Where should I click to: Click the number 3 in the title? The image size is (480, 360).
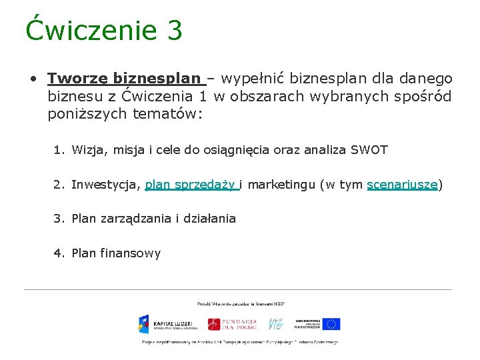pos(172,31)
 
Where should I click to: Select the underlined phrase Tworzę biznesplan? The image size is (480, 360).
pos(127,79)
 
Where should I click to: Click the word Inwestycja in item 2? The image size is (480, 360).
pos(105,185)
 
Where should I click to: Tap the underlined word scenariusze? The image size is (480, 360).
pos(402,185)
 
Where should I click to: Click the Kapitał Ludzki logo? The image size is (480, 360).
pos(167,324)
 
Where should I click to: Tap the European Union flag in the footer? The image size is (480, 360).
pos(330,324)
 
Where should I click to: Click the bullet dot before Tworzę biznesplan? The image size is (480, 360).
pos(32,79)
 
